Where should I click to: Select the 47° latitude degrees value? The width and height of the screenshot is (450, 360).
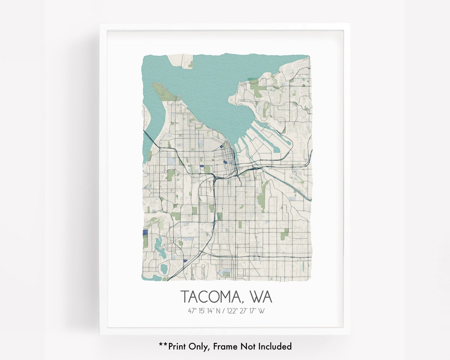coord(192,311)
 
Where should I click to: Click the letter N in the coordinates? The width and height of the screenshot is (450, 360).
coord(220,311)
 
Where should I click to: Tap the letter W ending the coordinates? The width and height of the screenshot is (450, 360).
coord(261,311)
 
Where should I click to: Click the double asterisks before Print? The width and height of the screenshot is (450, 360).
coord(163,345)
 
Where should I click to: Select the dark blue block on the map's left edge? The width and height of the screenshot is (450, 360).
coord(145,233)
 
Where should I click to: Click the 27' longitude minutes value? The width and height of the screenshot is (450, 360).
coord(245,311)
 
